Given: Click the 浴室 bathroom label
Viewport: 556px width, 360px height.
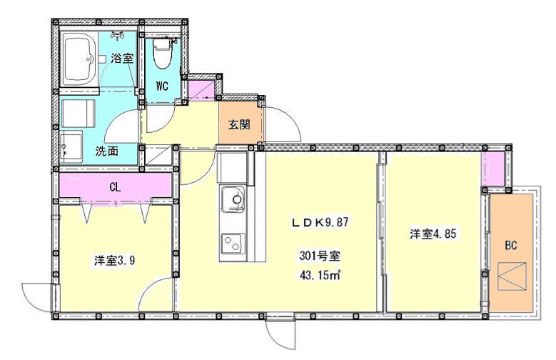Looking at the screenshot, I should (x=122, y=59).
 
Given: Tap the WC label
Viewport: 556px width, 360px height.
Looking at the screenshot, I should (x=162, y=87).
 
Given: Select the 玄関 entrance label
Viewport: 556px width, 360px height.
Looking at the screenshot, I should (x=239, y=124).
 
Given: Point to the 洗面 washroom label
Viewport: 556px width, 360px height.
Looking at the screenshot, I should (x=106, y=151).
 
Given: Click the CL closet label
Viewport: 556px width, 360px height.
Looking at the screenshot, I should (x=114, y=187).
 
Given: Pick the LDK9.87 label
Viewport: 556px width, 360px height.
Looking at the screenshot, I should (x=319, y=222).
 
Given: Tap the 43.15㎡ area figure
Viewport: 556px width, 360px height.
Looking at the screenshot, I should (x=318, y=275).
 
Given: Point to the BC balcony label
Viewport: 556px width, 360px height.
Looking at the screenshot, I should (x=510, y=246).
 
